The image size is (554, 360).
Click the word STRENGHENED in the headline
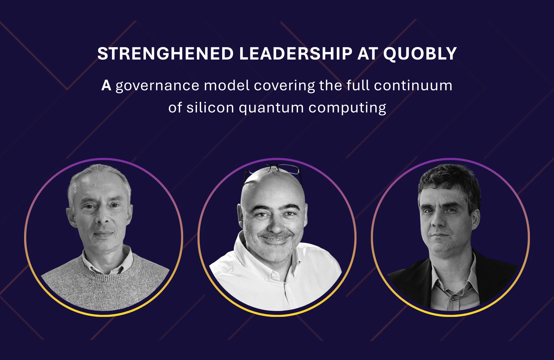point(165,54)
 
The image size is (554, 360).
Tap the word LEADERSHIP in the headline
point(296,54)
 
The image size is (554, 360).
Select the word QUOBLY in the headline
point(420,54)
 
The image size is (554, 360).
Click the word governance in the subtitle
point(157,86)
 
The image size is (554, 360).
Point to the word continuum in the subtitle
point(413,86)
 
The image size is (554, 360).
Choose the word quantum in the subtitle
point(271,108)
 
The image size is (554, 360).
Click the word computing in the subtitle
point(347,108)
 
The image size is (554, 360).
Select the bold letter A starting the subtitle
point(106,86)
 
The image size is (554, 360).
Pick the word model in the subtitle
point(227,86)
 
